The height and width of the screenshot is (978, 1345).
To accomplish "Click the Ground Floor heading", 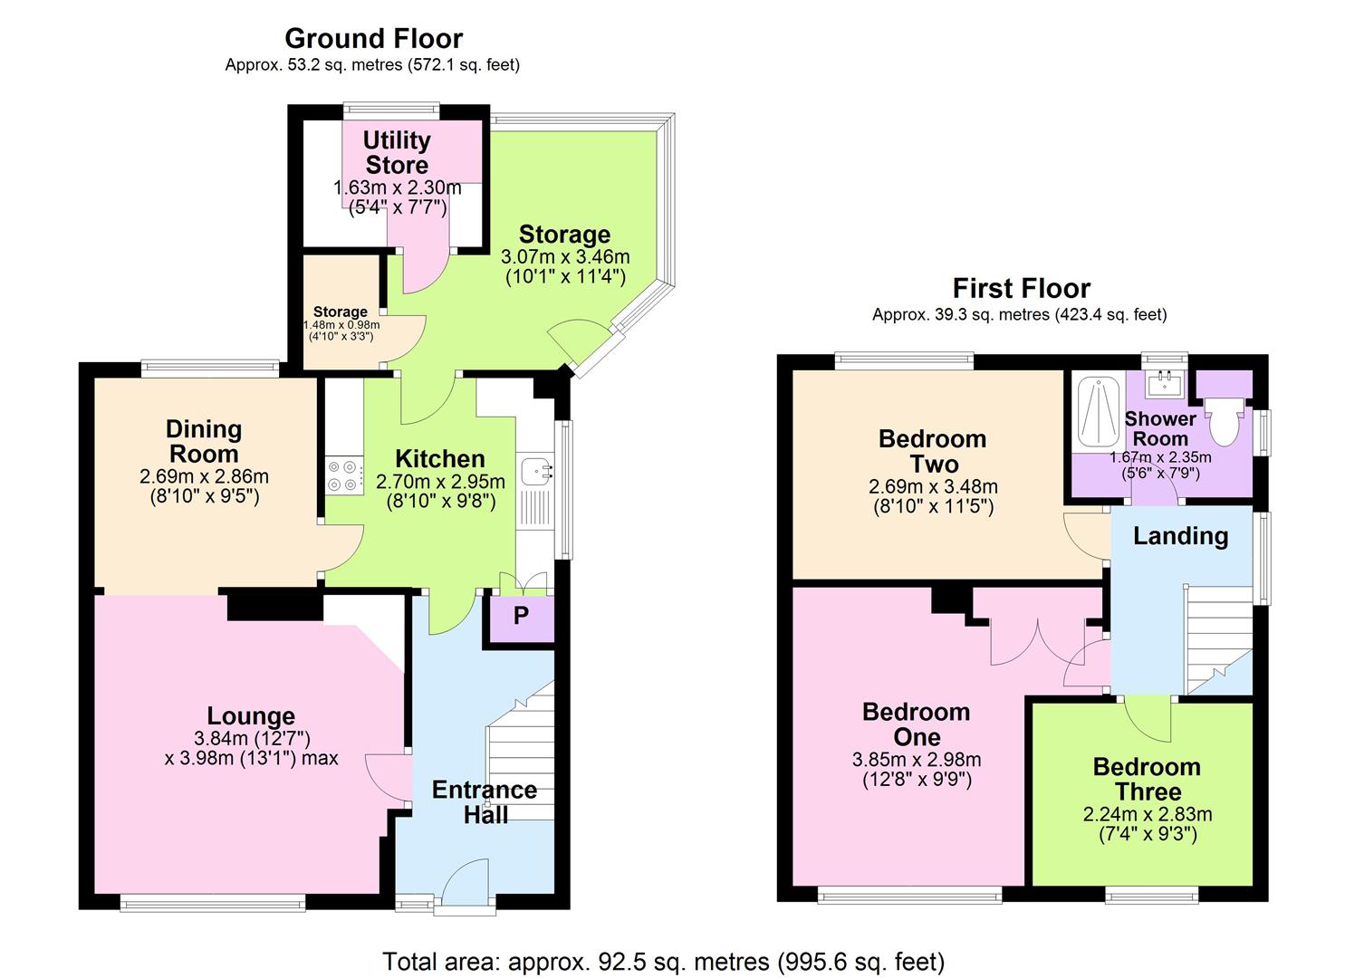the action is point(373,39).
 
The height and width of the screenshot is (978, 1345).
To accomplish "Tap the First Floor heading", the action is point(1022,289).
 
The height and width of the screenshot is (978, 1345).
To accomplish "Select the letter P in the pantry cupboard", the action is point(521,615).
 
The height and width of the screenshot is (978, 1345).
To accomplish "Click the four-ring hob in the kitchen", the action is point(344,475).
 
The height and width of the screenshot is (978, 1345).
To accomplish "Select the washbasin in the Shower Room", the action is point(1165,384).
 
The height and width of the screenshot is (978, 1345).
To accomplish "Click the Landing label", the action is point(1180,536).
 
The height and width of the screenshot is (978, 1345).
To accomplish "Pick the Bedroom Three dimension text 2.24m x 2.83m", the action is point(1148,815).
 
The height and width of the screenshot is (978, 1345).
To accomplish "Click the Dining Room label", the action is point(204,441).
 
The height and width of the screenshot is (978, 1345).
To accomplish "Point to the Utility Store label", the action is point(397,152).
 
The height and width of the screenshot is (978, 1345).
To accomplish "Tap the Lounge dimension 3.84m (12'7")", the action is point(252,738).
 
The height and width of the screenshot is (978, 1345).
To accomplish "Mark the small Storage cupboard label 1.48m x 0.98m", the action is point(341,325).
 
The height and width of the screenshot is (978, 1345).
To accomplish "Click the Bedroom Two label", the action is point(933,452).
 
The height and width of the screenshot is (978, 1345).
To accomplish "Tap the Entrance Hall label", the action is point(485,802).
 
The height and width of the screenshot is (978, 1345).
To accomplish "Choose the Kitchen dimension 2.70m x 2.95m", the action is point(440,482).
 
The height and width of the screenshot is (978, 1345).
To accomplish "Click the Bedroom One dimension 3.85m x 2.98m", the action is point(917,760).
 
